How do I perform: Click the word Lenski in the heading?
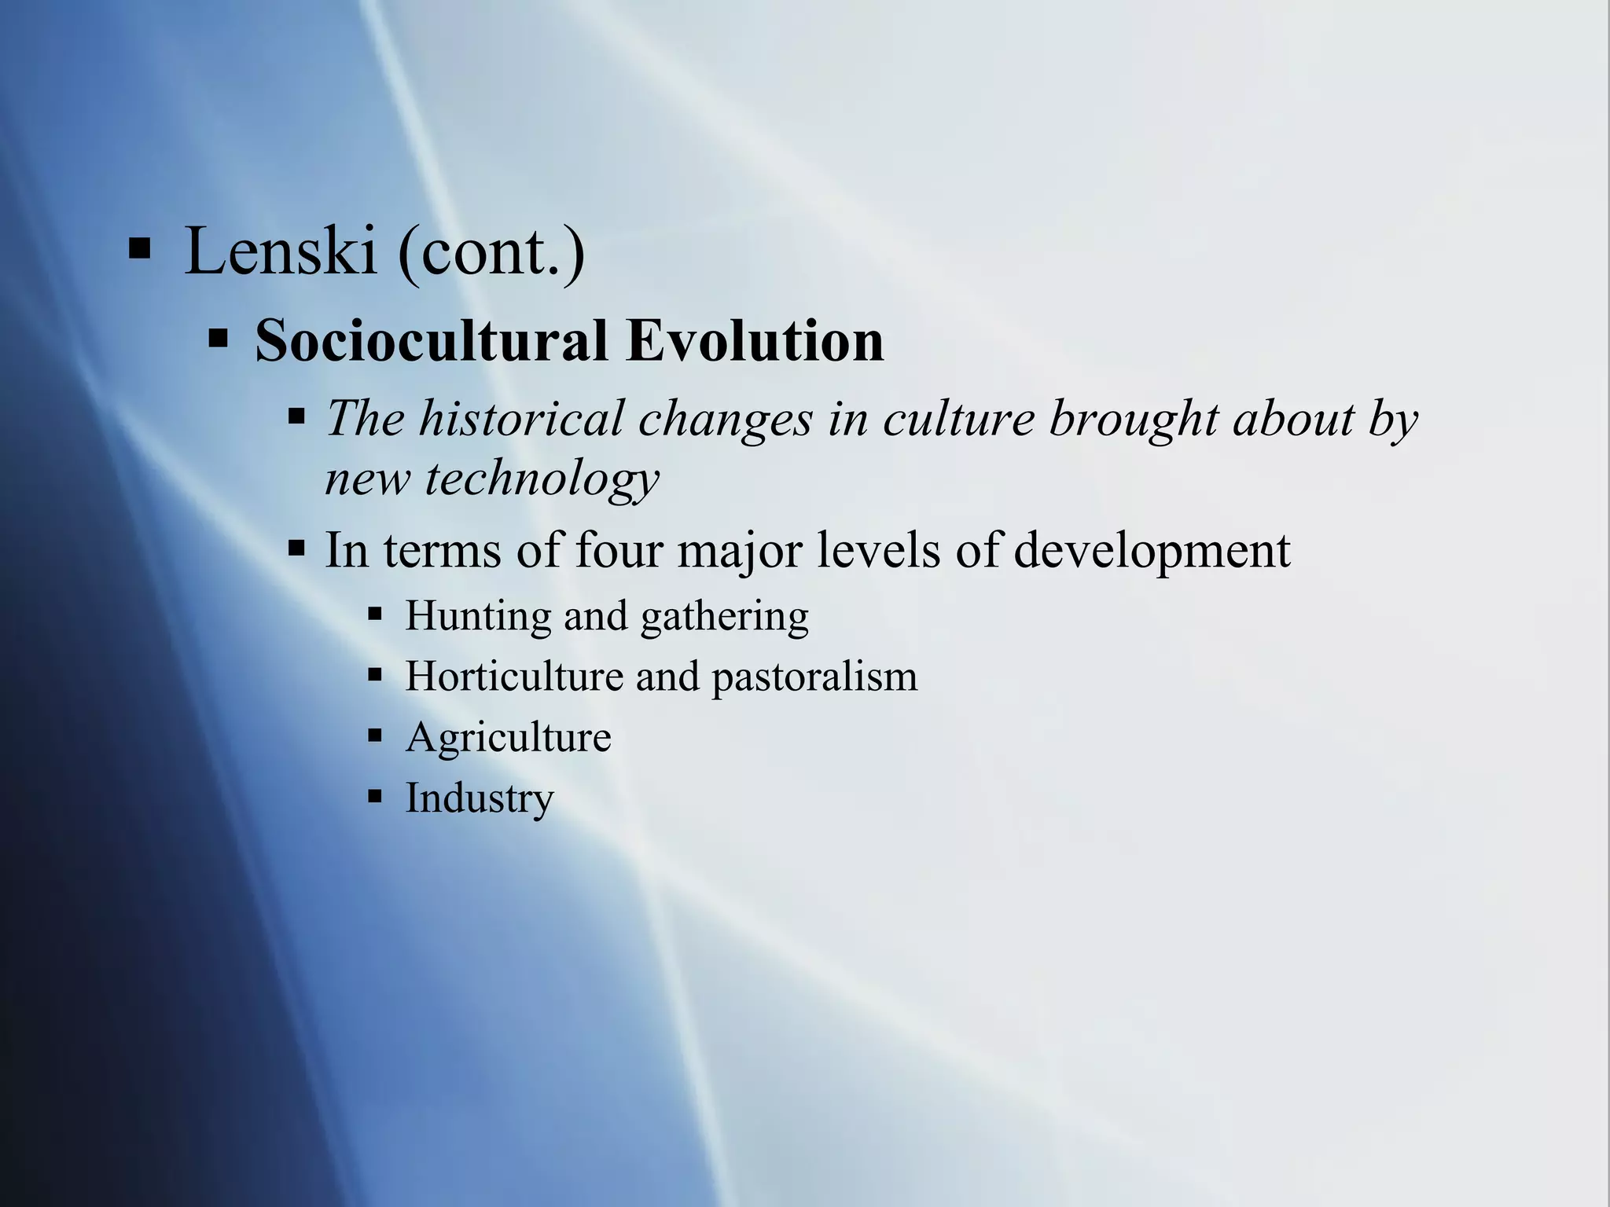click(x=280, y=251)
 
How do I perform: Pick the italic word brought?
click(x=1133, y=419)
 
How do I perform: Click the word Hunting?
click(x=478, y=615)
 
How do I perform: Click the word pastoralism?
click(x=814, y=677)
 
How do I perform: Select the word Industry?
click(x=480, y=798)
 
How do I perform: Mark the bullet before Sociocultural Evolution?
click(x=218, y=340)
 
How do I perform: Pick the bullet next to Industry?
click(x=375, y=797)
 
